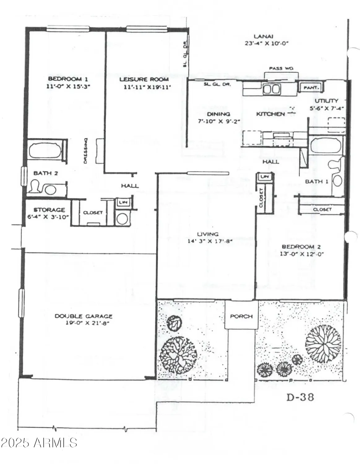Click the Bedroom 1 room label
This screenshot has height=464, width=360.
point(65,79)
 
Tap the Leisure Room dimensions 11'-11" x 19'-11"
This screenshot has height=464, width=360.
point(147,87)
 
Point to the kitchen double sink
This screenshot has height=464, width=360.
point(271,89)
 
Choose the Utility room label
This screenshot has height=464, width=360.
point(326,101)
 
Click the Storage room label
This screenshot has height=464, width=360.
point(49,210)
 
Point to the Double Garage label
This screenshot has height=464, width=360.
point(83,316)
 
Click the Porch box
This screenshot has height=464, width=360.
point(241,316)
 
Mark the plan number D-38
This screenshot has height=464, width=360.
point(300,397)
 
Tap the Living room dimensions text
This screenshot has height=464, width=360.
point(210,241)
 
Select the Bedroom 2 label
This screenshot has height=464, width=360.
point(301,247)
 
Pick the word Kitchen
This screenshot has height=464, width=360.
point(270,114)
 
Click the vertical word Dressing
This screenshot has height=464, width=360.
point(85,151)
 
